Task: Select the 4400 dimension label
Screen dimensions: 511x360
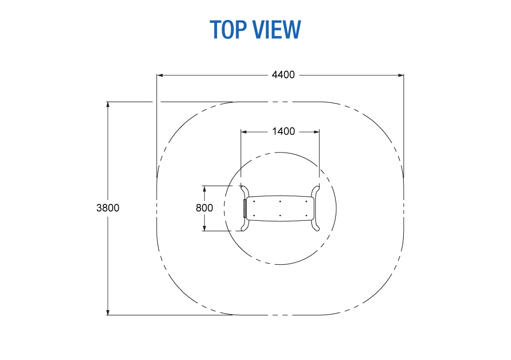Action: pos(283,75)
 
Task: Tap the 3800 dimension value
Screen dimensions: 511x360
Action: pos(108,207)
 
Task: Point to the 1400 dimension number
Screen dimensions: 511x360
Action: pos(283,132)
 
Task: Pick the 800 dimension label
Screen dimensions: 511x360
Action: pos(204,207)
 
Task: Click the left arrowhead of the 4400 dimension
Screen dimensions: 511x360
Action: pos(160,75)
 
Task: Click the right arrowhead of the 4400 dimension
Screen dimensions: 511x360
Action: pos(401,75)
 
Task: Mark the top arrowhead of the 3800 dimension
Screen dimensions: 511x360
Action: pos(108,105)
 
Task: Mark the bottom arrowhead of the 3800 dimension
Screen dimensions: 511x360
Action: pos(108,312)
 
